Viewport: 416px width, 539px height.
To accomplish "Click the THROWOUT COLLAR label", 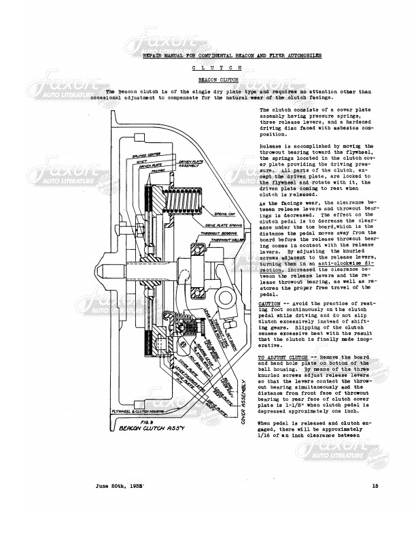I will pyautogui.click(x=224, y=240).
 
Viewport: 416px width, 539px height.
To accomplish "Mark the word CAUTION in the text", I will pyautogui.click(x=271, y=303).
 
